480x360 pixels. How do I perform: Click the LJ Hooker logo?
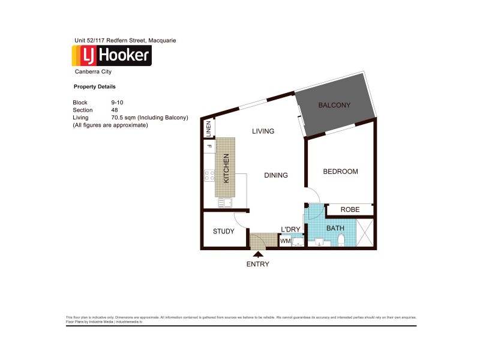pyautogui.click(x=112, y=55)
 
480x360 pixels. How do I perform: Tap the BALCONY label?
pyautogui.click(x=334, y=106)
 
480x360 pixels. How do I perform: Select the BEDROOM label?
pyautogui.click(x=340, y=172)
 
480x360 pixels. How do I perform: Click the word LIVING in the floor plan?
pyautogui.click(x=263, y=131)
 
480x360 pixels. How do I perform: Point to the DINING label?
pyautogui.click(x=276, y=175)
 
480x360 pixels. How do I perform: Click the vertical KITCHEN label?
pyautogui.click(x=226, y=169)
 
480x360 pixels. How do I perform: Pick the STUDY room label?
pyautogui.click(x=224, y=232)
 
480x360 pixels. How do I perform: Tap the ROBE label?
pyautogui.click(x=350, y=210)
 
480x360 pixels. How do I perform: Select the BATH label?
pyautogui.click(x=335, y=229)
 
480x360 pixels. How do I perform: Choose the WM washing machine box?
pyautogui.click(x=286, y=241)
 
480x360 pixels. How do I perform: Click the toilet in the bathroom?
pyautogui.click(x=341, y=241)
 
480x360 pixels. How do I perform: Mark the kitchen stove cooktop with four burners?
pyautogui.click(x=210, y=175)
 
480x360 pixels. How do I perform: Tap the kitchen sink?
pyautogui.click(x=225, y=203)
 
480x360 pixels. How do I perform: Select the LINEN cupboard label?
pyautogui.click(x=209, y=128)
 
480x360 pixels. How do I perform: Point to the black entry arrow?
pyautogui.click(x=258, y=254)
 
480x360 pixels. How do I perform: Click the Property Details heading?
pyautogui.click(x=94, y=87)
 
